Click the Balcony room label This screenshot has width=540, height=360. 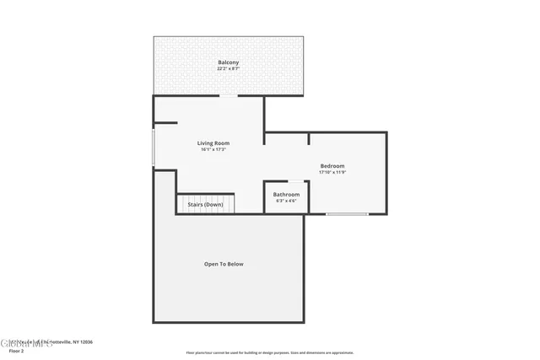(228, 63)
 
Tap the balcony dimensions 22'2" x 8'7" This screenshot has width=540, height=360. (228, 69)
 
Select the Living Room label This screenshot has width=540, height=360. (213, 143)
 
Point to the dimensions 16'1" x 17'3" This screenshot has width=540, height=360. (213, 150)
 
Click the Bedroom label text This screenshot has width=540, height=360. (332, 166)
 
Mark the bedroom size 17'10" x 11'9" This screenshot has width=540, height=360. (332, 172)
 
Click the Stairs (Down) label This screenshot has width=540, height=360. (205, 205)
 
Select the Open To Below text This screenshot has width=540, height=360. (224, 264)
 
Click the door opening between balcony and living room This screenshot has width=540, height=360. (228, 95)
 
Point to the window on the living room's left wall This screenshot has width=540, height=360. (153, 147)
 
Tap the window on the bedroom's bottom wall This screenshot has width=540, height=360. (347, 214)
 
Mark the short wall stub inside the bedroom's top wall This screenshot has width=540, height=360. (309, 139)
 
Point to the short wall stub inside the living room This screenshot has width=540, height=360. (165, 123)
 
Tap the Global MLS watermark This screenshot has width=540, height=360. (24, 342)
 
